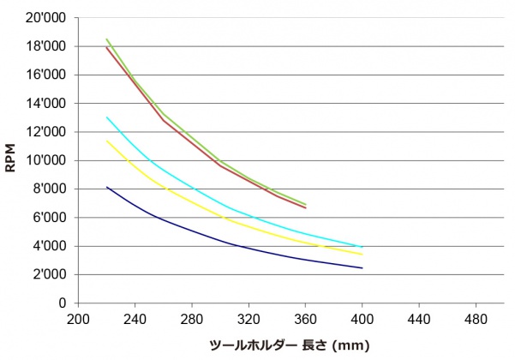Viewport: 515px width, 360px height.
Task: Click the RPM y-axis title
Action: [11, 159]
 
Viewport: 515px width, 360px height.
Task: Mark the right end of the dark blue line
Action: [362, 268]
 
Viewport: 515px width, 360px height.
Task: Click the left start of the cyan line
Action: [106, 117]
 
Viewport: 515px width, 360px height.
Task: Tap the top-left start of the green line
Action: [106, 39]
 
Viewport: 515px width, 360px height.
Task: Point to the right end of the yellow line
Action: [362, 254]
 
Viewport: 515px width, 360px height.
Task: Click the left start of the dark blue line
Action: [106, 187]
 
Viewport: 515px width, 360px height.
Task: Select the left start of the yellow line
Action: [106, 141]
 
